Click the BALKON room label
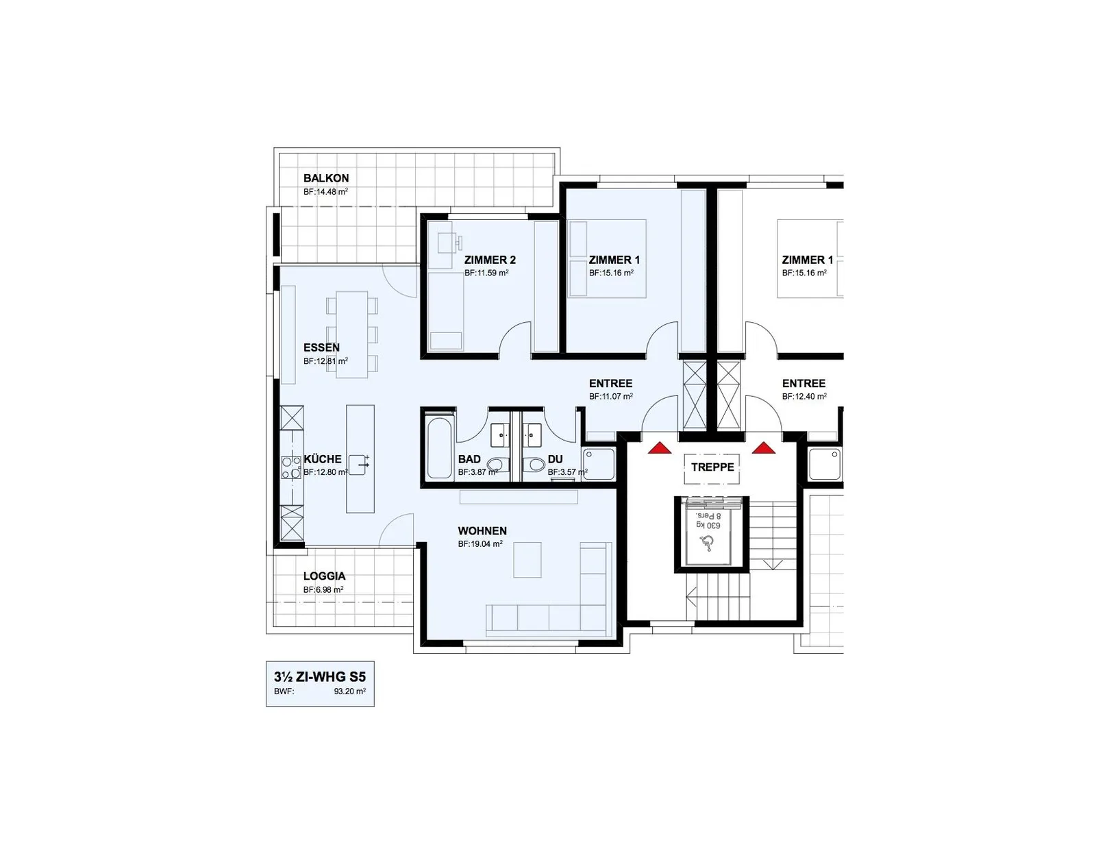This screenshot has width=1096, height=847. [x=326, y=178]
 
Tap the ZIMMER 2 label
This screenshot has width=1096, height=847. [x=490, y=260]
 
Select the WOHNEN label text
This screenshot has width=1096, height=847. [x=482, y=530]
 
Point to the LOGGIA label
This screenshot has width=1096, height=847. [x=324, y=576]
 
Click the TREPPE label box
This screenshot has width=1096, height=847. [x=712, y=467]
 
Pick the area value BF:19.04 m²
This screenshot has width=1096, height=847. [x=480, y=544]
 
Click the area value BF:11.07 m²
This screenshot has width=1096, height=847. [x=611, y=397]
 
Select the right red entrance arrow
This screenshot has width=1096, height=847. [x=764, y=447]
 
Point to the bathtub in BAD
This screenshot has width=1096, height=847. [x=439, y=447]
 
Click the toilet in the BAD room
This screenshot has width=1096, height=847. [x=498, y=464]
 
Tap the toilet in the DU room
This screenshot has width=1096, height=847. [x=534, y=464]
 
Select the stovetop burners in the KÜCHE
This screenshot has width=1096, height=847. [x=292, y=467]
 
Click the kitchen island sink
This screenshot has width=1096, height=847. [x=358, y=464]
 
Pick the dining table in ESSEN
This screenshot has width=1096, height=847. [x=352, y=334]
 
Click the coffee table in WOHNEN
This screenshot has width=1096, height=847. [x=527, y=560]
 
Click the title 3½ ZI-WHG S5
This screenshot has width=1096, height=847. [x=320, y=676]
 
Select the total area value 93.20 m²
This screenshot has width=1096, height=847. [x=349, y=691]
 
